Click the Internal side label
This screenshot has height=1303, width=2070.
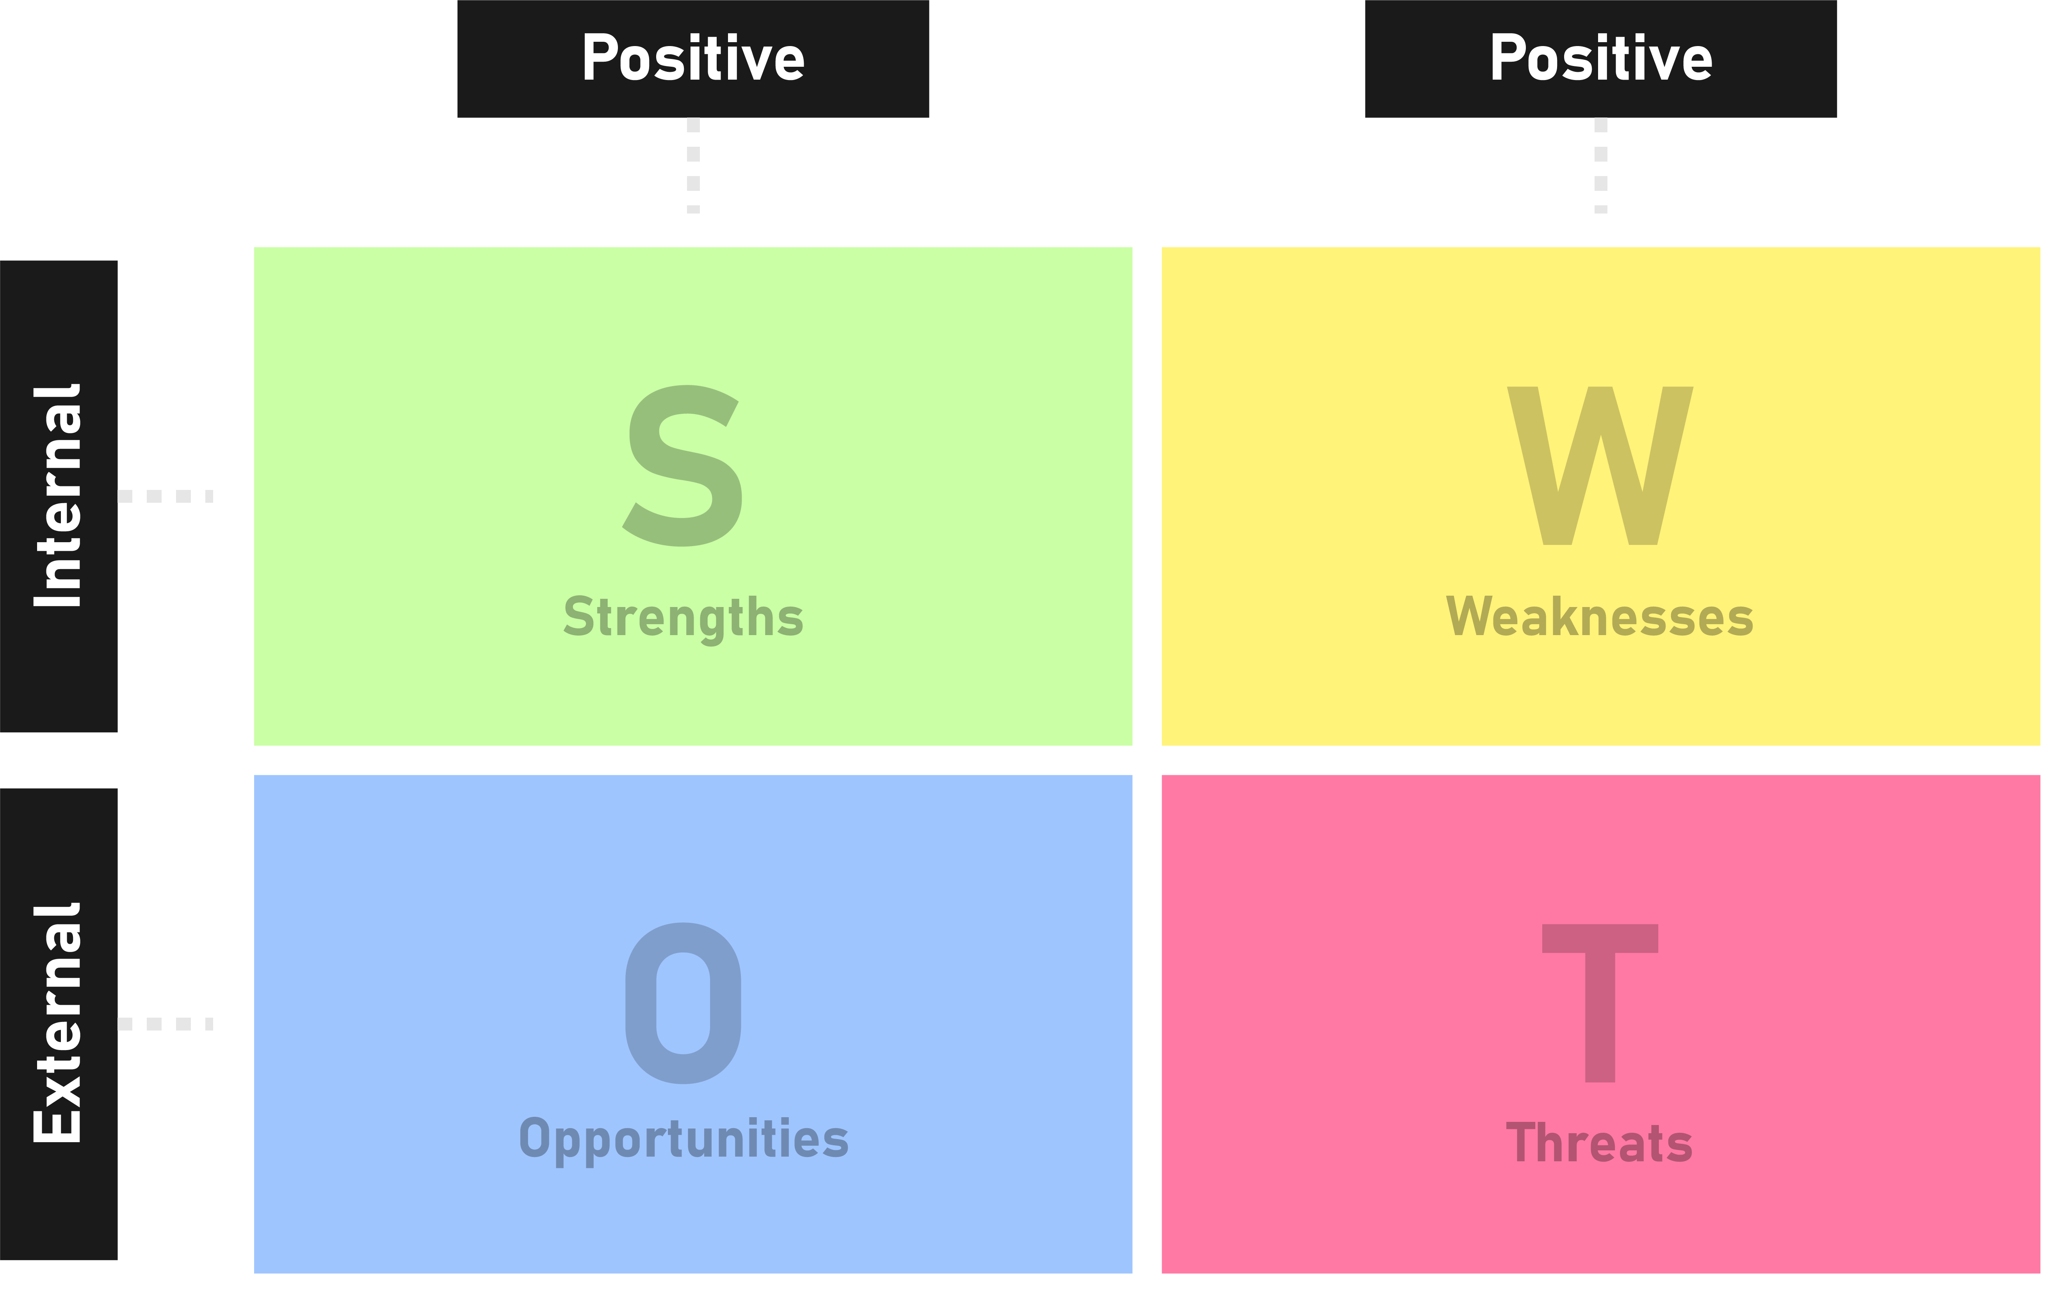click(59, 496)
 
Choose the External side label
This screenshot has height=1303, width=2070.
click(59, 1024)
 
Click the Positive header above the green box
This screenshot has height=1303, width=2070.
click(693, 59)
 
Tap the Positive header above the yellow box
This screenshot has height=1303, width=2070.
click(1601, 59)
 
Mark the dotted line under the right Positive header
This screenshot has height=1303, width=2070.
click(1601, 165)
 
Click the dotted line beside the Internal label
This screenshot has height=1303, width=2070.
click(165, 496)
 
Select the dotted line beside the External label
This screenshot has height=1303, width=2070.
click(165, 1024)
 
